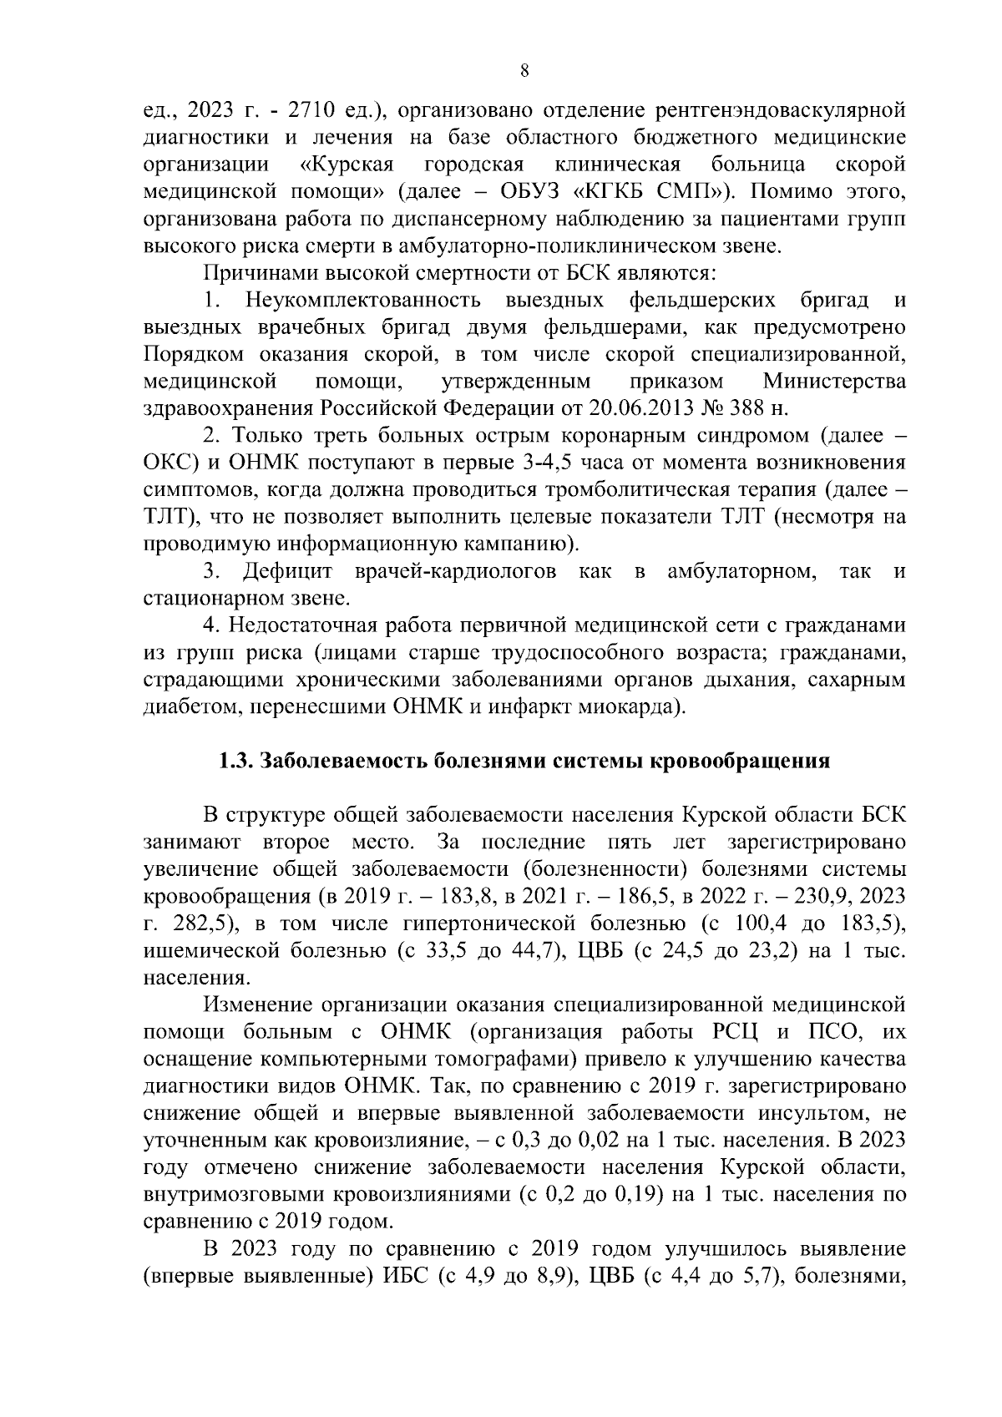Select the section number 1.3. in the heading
(235, 761)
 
